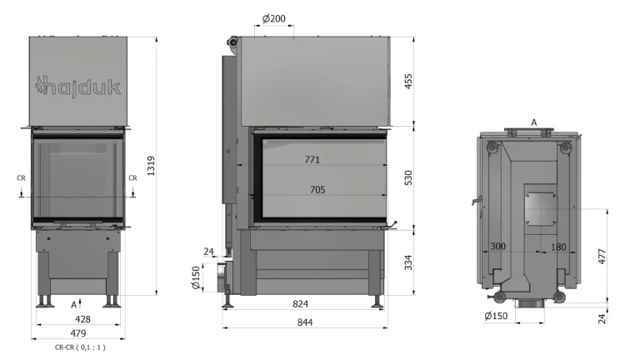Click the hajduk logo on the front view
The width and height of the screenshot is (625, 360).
[x=78, y=86]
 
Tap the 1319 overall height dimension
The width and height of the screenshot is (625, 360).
[x=151, y=166]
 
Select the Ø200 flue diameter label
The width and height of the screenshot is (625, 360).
[x=274, y=18]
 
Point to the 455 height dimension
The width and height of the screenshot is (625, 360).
[x=408, y=82]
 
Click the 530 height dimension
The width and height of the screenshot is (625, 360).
[x=408, y=177]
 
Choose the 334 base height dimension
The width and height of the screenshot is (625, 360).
[x=408, y=262]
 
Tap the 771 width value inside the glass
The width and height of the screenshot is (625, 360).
[x=312, y=159]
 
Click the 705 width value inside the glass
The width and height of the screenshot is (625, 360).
[x=317, y=190]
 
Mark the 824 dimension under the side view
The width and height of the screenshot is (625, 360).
[x=300, y=304]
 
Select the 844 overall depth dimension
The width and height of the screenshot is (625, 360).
[x=305, y=322]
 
